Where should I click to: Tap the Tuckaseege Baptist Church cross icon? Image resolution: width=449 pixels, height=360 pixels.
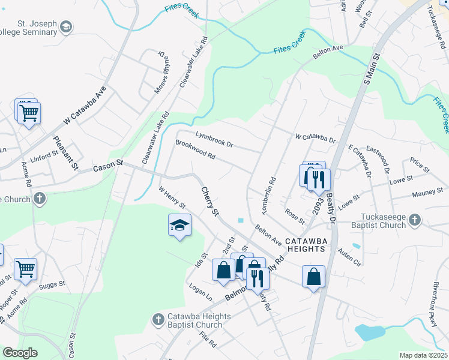pos(414,221)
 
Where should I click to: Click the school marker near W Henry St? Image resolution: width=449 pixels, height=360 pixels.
pos(179,226)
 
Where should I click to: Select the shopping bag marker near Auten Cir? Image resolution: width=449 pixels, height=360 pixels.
pos(313,277)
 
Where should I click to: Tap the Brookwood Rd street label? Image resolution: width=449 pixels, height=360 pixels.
pos(195,150)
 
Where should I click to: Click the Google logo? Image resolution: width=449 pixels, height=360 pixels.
pos(20,353)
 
